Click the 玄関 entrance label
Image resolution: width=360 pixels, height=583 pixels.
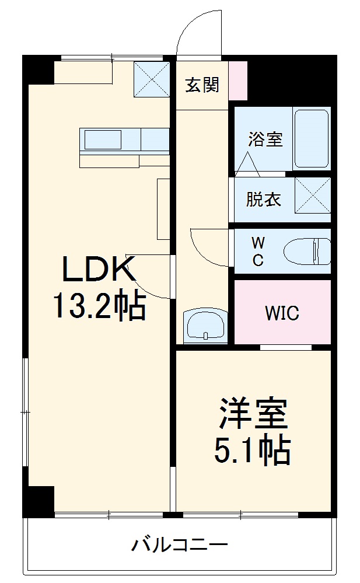click(202, 85)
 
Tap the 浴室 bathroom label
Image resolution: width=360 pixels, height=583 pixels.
click(265, 139)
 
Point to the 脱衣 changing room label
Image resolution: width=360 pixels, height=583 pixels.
click(263, 200)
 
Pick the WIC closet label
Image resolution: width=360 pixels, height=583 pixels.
click(282, 313)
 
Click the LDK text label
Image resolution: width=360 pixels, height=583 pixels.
click(99, 270)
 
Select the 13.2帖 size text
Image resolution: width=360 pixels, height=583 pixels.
click(99, 306)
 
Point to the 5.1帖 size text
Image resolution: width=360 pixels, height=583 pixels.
click(253, 449)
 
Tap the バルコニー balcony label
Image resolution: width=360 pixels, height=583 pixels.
click(179, 546)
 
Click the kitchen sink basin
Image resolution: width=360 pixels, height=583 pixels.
click(103, 139)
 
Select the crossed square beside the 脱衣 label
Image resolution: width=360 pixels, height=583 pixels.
click(312, 196)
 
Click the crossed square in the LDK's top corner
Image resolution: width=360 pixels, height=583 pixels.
click(151, 79)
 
